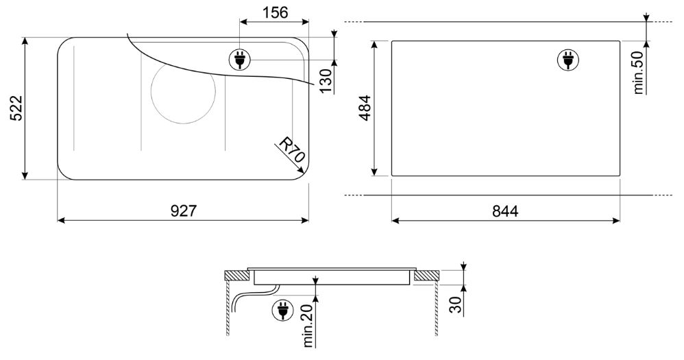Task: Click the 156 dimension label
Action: click(x=275, y=12)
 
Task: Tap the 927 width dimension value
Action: click(x=184, y=211)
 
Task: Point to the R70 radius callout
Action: click(x=292, y=149)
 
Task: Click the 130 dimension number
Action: click(x=326, y=80)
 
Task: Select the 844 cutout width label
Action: click(x=505, y=211)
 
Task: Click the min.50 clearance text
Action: click(x=638, y=73)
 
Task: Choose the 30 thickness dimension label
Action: click(x=456, y=304)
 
